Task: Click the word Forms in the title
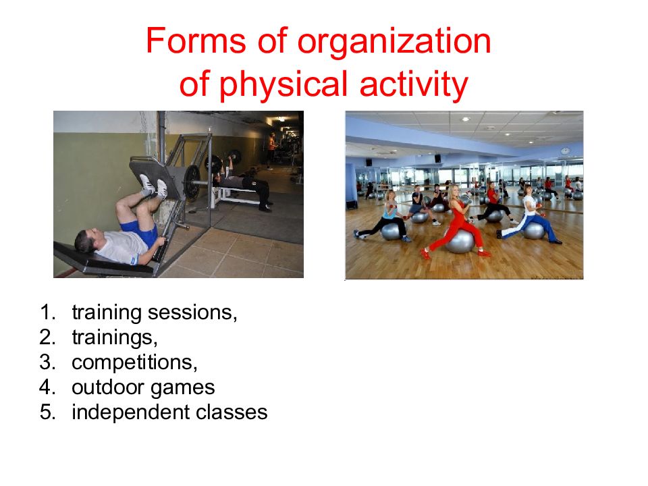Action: [196, 41]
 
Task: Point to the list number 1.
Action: [47, 312]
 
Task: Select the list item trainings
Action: [115, 338]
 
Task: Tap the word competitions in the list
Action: [135, 363]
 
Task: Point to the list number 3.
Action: [47, 362]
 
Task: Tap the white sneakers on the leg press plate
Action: [153, 186]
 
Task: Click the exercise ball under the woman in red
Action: [460, 242]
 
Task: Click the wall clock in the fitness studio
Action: [565, 151]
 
